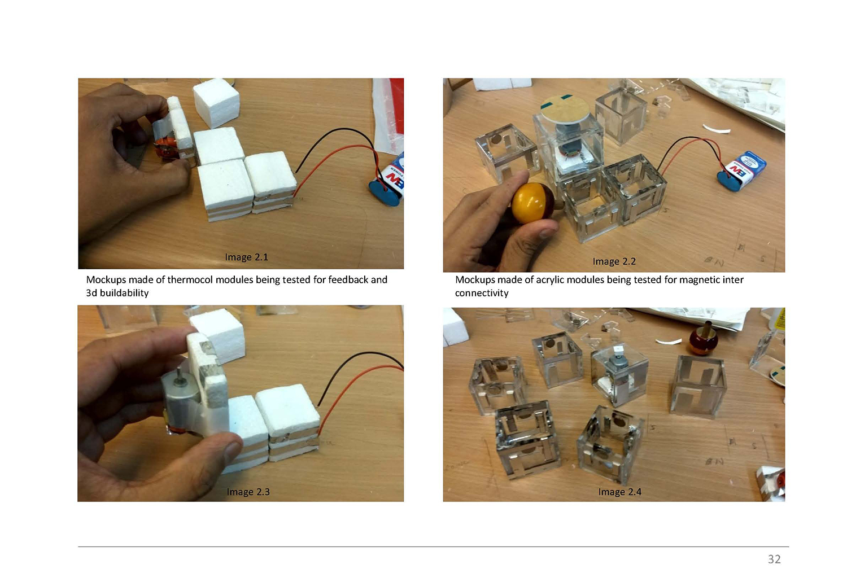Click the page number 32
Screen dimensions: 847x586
pyautogui.click(x=774, y=559)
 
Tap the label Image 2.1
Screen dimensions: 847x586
pyautogui.click(x=247, y=257)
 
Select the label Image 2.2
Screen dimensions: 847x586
pyautogui.click(x=614, y=261)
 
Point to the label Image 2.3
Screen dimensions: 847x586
pyautogui.click(x=248, y=492)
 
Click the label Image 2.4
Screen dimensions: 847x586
pyautogui.click(x=620, y=492)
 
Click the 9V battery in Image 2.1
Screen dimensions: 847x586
pyautogui.click(x=387, y=180)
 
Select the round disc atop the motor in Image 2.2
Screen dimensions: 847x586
pyautogui.click(x=565, y=109)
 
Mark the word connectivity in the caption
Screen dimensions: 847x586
pyautogui.click(x=482, y=293)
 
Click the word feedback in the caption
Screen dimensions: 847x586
pyautogui.click(x=348, y=280)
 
